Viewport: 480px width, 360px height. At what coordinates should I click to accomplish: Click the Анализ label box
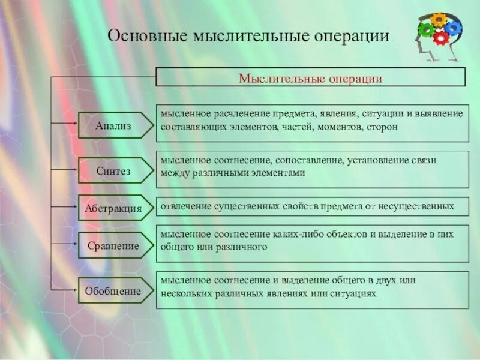click(x=113, y=125)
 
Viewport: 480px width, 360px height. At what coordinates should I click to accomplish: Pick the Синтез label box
click(x=113, y=170)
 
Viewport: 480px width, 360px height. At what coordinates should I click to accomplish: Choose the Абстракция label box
click(x=113, y=208)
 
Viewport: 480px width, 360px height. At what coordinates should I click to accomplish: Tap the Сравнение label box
click(x=113, y=245)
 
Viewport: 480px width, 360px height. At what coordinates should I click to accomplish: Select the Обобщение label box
click(x=113, y=291)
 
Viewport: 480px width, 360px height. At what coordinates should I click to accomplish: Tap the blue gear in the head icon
click(x=453, y=28)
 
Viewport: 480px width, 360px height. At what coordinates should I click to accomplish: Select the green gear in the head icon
click(x=427, y=29)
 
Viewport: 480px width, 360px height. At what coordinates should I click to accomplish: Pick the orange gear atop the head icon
click(x=439, y=19)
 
